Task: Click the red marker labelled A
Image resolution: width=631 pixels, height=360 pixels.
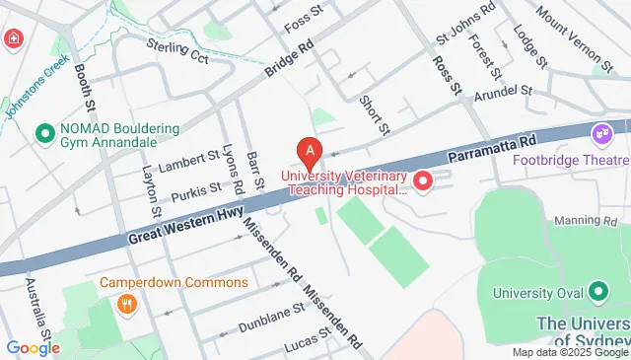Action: [x=311, y=152]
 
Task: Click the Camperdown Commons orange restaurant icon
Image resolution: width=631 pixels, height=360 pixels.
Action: [x=126, y=304]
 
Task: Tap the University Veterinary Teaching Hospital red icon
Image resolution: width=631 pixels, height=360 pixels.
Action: [x=422, y=181]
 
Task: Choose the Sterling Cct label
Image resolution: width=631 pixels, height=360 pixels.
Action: [x=177, y=50]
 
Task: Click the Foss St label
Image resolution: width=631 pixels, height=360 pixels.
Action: [x=303, y=19]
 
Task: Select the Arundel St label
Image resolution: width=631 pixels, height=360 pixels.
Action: [x=502, y=94]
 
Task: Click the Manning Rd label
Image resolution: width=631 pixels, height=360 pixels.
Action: [x=604, y=220]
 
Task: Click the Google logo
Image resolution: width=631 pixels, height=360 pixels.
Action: [x=33, y=348]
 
